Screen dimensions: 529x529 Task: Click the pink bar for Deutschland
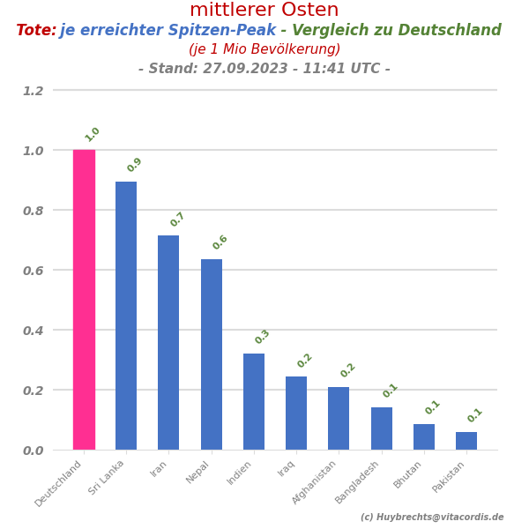pyautogui.click(x=84, y=300)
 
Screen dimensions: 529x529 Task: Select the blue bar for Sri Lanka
pyautogui.click(x=126, y=316)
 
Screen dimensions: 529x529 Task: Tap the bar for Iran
pyautogui.click(x=168, y=342)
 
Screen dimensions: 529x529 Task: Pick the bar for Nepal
pyautogui.click(x=212, y=354)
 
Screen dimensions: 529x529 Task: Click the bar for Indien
pyautogui.click(x=254, y=401)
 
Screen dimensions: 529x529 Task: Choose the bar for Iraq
pyautogui.click(x=296, y=413)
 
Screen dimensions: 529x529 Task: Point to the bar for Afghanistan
pyautogui.click(x=339, y=418)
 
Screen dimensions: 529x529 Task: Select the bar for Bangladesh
pyautogui.click(x=382, y=428)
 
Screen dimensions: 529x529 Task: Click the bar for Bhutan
pyautogui.click(x=424, y=436)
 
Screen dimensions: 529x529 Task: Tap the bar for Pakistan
pyautogui.click(x=466, y=441)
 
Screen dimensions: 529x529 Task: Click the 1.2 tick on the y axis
pyautogui.click(x=33, y=91)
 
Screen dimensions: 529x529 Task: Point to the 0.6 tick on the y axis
pyautogui.click(x=33, y=271)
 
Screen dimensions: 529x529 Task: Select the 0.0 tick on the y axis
pyautogui.click(x=33, y=451)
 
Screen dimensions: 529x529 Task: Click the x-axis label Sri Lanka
pyautogui.click(x=108, y=477)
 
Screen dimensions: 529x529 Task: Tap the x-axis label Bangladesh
pyautogui.click(x=358, y=481)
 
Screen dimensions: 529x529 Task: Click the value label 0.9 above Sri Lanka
pyautogui.click(x=134, y=165)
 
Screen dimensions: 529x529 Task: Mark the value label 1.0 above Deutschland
pyautogui.click(x=92, y=135)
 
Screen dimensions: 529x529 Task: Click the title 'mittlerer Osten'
pyautogui.click(x=264, y=11)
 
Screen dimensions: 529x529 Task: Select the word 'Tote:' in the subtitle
pyautogui.click(x=36, y=31)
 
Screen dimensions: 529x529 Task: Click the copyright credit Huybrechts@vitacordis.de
pyautogui.click(x=432, y=518)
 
